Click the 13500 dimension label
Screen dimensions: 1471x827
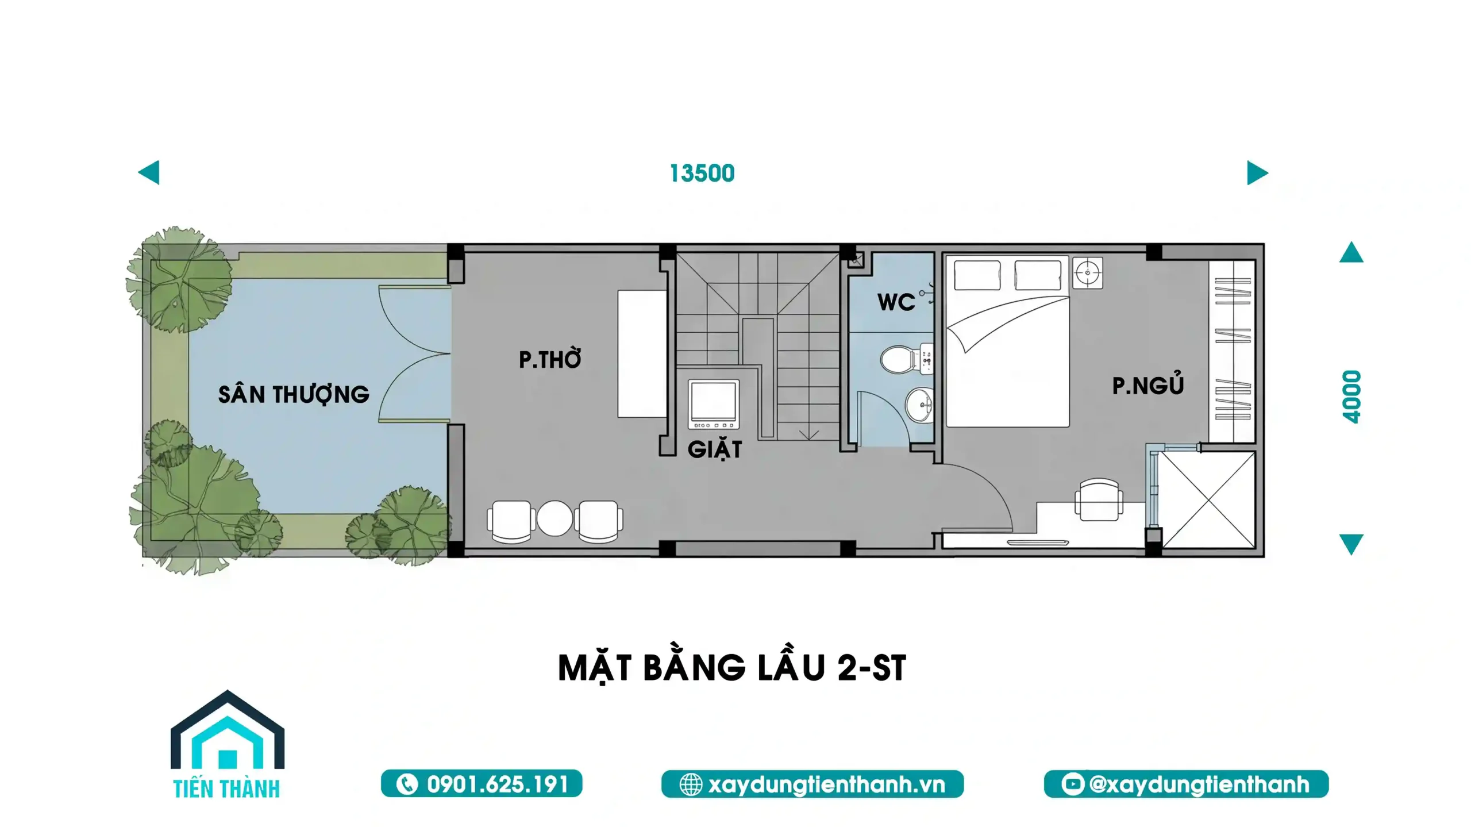[702, 173]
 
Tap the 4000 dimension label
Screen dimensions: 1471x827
[1352, 397]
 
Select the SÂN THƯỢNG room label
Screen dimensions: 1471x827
[294, 394]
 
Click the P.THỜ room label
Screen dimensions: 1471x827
[550, 359]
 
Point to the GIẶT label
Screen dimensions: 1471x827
[715, 448]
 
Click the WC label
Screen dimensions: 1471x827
[896, 302]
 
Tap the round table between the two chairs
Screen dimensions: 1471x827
[554, 518]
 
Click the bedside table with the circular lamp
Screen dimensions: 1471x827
[1087, 272]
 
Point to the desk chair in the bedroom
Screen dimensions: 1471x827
[1099, 499]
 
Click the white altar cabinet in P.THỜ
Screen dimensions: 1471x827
[642, 353]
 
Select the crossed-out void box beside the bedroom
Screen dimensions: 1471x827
[1208, 499]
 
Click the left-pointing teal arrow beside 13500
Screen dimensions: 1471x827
[149, 172]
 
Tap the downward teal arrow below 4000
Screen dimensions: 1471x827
[1351, 544]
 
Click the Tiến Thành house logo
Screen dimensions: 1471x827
[228, 744]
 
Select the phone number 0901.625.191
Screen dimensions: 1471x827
[498, 784]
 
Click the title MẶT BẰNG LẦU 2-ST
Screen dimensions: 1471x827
[732, 668]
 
